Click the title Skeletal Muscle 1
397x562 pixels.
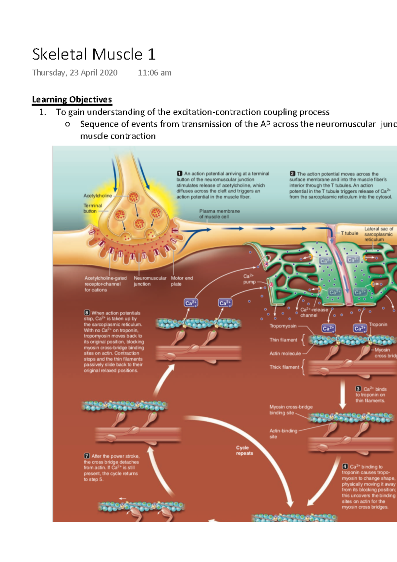(x=94, y=55)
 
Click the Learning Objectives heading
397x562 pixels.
(x=72, y=100)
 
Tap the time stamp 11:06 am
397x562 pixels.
(x=154, y=73)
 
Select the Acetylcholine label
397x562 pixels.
(x=98, y=196)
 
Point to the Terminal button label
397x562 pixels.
(x=92, y=208)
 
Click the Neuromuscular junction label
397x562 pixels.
(x=150, y=281)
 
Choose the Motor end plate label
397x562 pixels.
(x=182, y=281)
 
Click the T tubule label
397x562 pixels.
(x=349, y=233)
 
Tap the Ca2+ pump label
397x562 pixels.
(x=249, y=279)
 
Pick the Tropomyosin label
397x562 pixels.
(x=283, y=326)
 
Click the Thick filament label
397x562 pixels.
(x=284, y=367)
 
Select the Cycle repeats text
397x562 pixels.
(x=244, y=450)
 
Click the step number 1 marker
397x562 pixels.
(x=180, y=173)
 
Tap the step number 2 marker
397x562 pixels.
(x=292, y=174)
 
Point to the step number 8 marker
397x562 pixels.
(x=87, y=313)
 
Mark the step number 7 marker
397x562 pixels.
(x=87, y=456)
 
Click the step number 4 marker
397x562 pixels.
(x=345, y=467)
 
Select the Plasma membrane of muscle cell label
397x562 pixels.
(x=219, y=214)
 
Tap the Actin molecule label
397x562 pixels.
(x=285, y=353)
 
